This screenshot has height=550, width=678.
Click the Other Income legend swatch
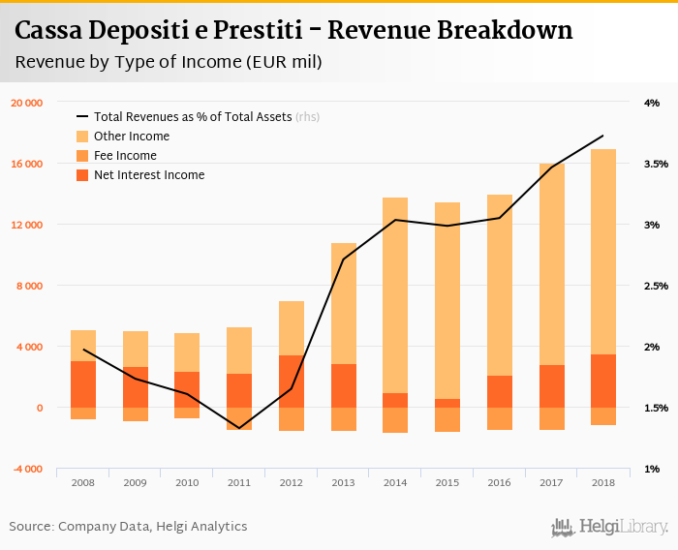click(82, 137)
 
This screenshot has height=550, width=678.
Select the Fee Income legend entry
click(125, 156)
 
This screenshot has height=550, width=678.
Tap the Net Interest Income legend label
click(149, 175)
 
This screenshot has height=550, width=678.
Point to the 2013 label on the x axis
click(343, 482)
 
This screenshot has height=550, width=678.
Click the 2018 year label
click(602, 482)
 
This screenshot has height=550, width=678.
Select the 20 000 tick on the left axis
click(26, 103)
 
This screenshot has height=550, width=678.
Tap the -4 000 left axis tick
click(26, 469)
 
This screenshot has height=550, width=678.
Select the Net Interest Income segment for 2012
click(292, 382)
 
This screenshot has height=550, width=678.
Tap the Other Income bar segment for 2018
click(602, 252)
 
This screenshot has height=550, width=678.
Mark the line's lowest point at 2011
click(239, 428)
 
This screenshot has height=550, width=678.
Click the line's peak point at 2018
click(602, 136)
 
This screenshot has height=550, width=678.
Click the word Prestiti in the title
click(267, 31)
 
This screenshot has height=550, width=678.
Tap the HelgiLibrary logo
click(609, 527)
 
